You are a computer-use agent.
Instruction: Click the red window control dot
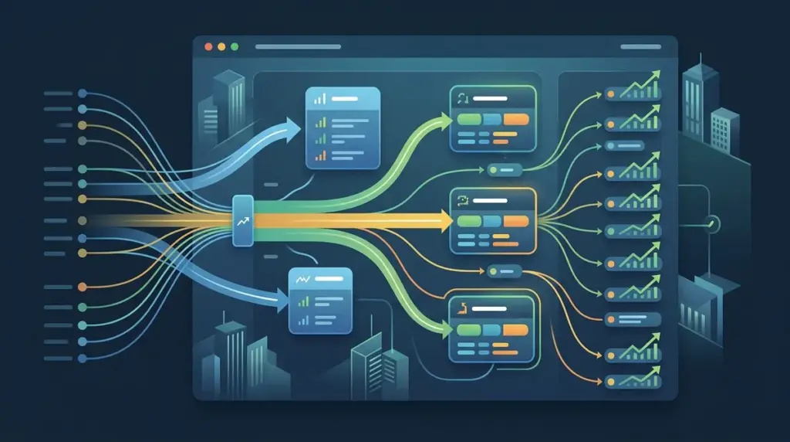207,47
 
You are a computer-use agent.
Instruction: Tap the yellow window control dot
221,47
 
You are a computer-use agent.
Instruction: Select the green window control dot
235,47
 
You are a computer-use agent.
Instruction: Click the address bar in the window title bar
297,47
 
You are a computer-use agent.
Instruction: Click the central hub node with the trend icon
242,221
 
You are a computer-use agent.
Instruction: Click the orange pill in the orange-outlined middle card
515,221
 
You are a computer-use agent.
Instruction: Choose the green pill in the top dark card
468,120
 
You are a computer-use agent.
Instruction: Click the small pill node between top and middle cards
505,169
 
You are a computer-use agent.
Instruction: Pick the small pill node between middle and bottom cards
505,271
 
